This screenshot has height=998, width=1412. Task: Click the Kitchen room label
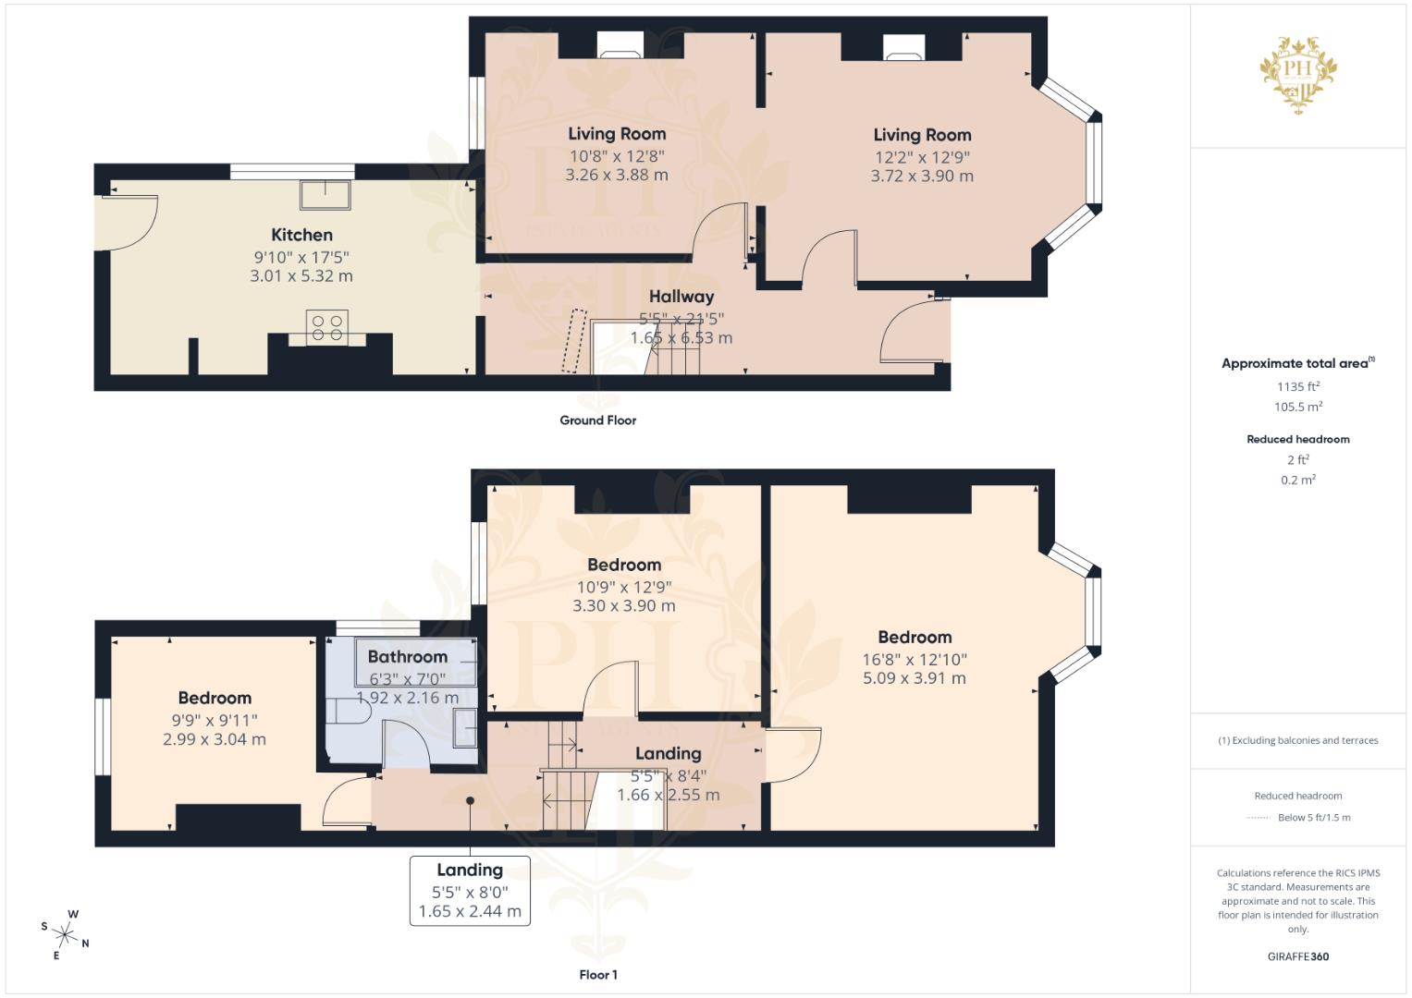(301, 235)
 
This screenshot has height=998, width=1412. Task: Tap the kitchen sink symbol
(325, 195)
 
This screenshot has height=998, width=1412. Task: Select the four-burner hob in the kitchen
(327, 327)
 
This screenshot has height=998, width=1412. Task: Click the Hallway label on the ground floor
(681, 297)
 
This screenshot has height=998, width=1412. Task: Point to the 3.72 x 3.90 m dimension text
(921, 176)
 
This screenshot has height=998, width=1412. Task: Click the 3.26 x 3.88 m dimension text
(616, 175)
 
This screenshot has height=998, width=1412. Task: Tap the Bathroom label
(407, 657)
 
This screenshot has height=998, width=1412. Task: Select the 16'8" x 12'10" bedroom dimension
(914, 659)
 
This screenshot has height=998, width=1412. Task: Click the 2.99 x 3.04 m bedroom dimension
(215, 739)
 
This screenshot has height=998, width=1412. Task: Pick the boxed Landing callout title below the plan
(470, 870)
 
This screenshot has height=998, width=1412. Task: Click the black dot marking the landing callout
(470, 801)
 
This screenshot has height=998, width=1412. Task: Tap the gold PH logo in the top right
(1298, 74)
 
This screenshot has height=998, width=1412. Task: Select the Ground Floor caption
(597, 420)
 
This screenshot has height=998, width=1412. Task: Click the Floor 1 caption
(597, 975)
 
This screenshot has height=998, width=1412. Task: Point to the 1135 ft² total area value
(1297, 387)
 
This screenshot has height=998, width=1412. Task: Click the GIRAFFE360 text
(1297, 956)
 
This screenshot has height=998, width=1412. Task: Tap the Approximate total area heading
(1296, 364)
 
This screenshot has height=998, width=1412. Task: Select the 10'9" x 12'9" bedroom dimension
(623, 587)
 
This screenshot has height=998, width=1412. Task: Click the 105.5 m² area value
(1297, 408)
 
